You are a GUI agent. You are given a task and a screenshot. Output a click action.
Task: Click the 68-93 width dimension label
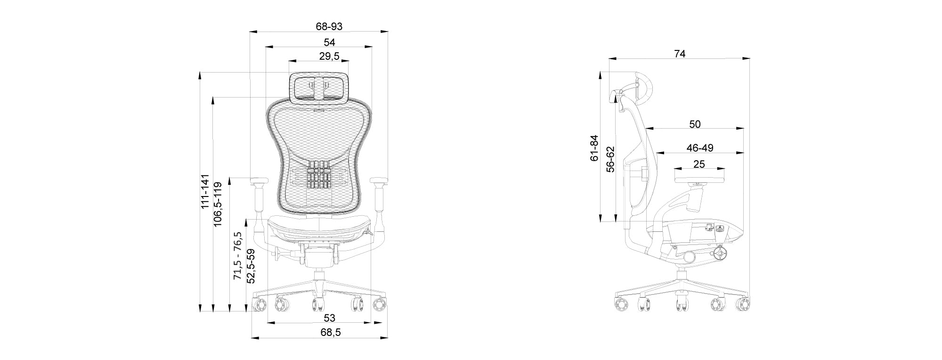[329, 26]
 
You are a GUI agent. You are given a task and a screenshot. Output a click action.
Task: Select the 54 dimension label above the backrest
[329, 42]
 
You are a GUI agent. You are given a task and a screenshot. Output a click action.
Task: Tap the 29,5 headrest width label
[329, 57]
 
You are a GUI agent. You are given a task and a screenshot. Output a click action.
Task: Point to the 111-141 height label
[205, 192]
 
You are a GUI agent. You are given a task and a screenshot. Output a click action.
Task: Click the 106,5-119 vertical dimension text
[218, 204]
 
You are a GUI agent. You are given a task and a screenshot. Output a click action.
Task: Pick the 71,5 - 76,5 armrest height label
[238, 256]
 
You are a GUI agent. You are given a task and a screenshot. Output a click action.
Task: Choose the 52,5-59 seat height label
[251, 266]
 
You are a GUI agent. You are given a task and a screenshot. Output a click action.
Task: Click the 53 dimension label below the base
[330, 318]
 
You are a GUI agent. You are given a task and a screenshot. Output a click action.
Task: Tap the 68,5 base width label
[330, 332]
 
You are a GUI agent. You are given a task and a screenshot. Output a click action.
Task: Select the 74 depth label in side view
[680, 54]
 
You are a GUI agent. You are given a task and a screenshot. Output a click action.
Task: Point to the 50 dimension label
[695, 124]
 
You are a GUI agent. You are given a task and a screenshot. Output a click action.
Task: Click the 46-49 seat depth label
[699, 148]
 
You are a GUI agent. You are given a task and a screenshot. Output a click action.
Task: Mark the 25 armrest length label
[699, 164]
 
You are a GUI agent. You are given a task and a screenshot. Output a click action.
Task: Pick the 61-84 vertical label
[594, 148]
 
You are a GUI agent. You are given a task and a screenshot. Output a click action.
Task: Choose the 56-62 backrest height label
[610, 159]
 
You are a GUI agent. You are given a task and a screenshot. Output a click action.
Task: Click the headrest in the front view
[319, 88]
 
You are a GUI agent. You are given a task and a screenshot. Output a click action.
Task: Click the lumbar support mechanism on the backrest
[319, 175]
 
